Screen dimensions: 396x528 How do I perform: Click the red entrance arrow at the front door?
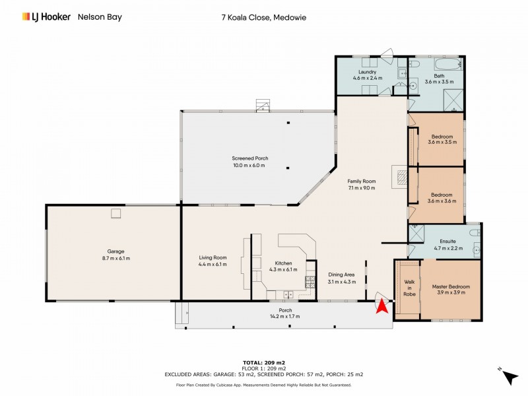click(381, 306)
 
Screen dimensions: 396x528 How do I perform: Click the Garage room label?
click(115, 251)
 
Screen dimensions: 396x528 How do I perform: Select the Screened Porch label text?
click(249, 158)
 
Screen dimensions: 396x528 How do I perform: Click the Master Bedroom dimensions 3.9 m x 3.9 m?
click(451, 292)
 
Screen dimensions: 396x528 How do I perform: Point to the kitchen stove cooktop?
click(310, 281)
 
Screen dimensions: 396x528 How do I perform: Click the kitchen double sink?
click(288, 294)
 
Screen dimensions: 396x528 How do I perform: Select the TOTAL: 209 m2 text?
click(263, 363)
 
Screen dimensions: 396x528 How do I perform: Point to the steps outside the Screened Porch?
click(263, 105)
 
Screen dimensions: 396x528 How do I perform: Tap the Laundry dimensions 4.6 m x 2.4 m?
click(368, 79)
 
